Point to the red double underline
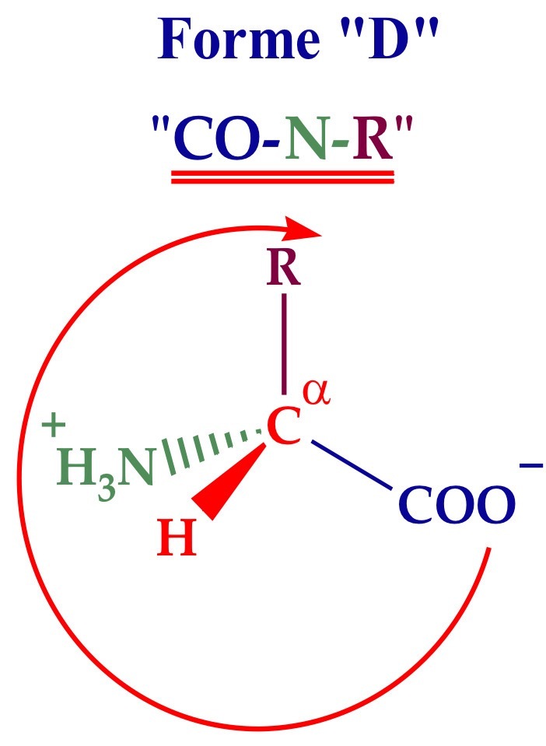[x=283, y=177]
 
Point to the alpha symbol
[x=316, y=393]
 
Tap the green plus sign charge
[x=53, y=426]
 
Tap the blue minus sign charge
[x=530, y=465]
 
